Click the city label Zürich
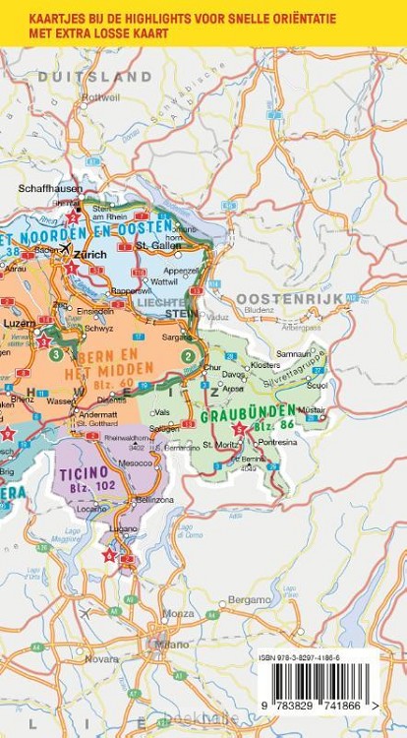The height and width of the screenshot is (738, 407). [x=89, y=254]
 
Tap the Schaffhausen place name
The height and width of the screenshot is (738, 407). [x=47, y=188]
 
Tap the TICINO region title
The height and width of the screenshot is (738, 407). [x=84, y=472]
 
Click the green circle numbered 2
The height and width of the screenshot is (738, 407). [x=188, y=342]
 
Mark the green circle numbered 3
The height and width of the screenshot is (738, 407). [x=57, y=354]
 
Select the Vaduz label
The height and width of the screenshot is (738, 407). [x=218, y=318]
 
